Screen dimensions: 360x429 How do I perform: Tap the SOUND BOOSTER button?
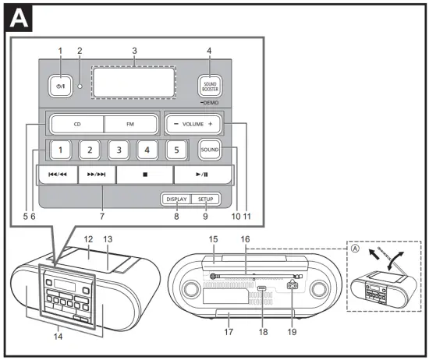(x=209, y=83)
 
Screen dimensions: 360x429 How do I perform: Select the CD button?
(x=76, y=125)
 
